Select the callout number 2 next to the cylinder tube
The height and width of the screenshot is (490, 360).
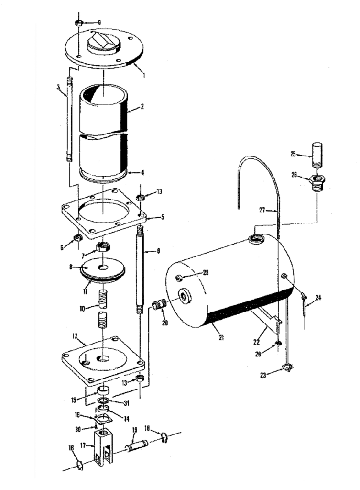tap(142, 108)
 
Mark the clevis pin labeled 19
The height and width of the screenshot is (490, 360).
tap(136, 446)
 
